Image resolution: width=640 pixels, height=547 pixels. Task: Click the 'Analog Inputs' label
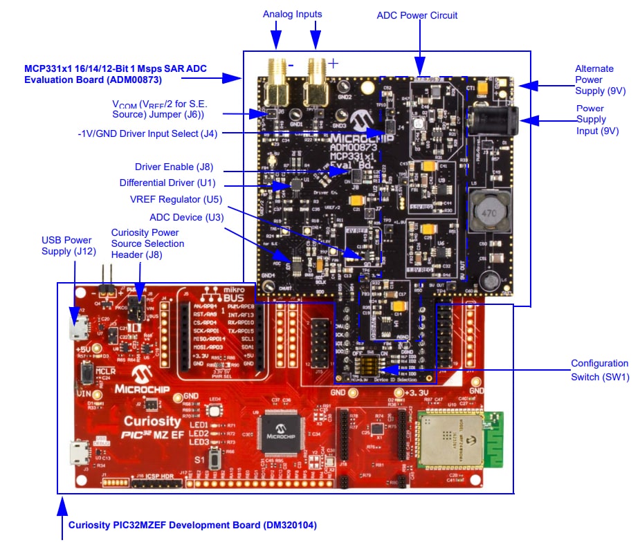tap(292, 14)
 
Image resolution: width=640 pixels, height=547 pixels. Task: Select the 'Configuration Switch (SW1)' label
tap(599, 370)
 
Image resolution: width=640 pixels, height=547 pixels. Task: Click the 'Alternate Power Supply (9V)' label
tap(594, 80)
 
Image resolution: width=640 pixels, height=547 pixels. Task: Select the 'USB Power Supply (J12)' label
tap(66, 245)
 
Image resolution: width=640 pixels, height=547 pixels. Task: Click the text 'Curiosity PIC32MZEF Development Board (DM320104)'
tap(192, 525)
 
